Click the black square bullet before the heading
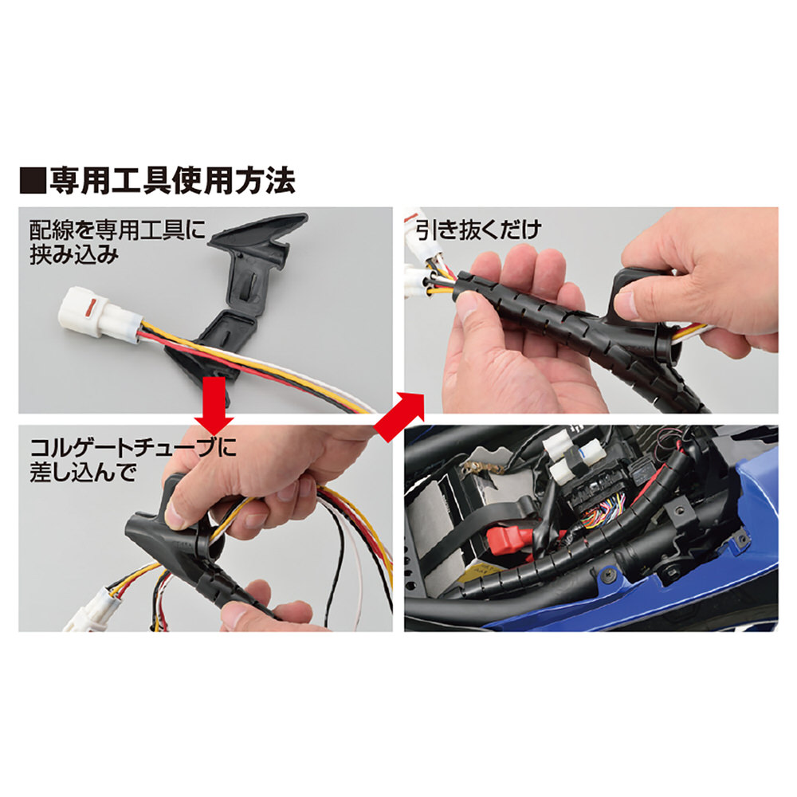pyautogui.click(x=32, y=181)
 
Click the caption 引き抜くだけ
pyautogui.click(x=477, y=230)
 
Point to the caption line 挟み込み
pyautogui.click(x=74, y=254)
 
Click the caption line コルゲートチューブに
pyautogui.click(x=133, y=448)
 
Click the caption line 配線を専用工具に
pyautogui.click(x=117, y=230)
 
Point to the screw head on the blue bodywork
pyautogui.click(x=609, y=575)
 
